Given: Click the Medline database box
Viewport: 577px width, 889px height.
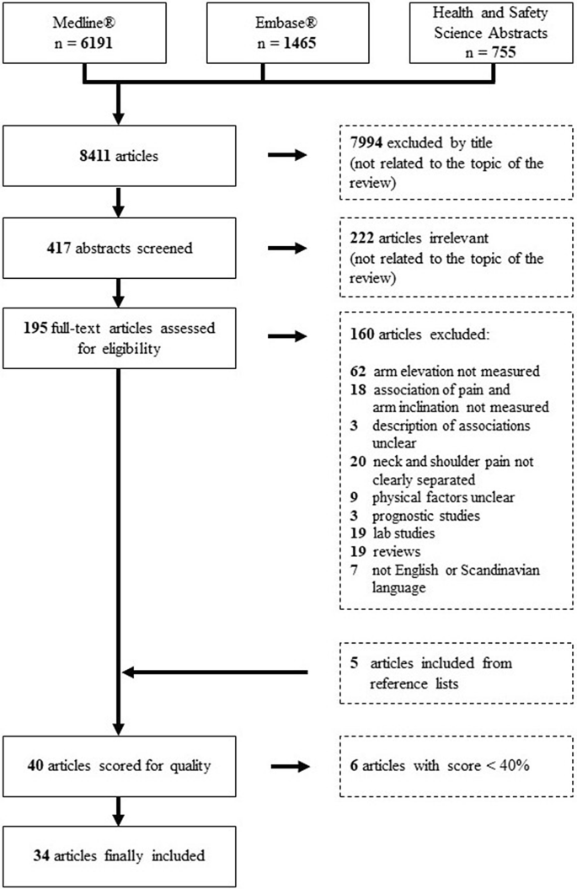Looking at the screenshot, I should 84,33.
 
